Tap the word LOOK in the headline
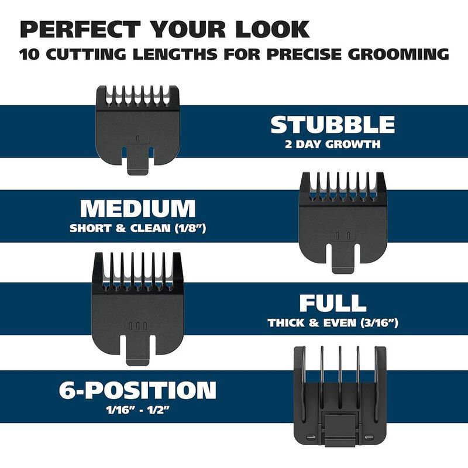tap(273, 29)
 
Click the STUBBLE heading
tap(333, 125)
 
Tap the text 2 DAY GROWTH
tap(333, 144)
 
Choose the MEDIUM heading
tap(138, 208)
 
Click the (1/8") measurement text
tap(190, 228)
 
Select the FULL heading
tap(333, 303)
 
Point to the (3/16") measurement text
tap(379, 323)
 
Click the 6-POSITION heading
tap(137, 390)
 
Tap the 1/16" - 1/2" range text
tap(137, 410)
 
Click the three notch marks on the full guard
tap(137, 326)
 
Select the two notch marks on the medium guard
tap(343, 236)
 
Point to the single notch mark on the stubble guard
tap(137, 139)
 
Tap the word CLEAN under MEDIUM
tap(150, 228)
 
